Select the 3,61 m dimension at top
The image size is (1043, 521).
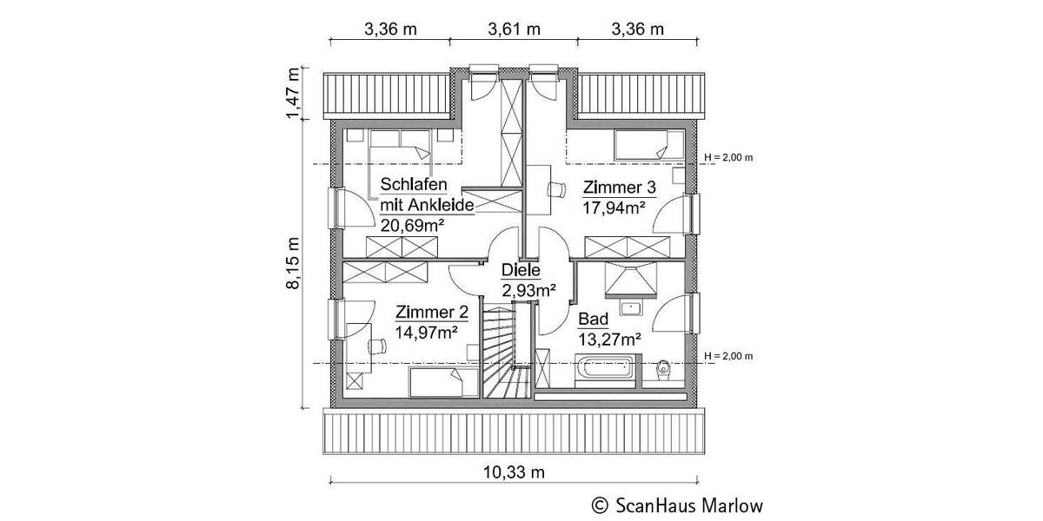tap(514, 29)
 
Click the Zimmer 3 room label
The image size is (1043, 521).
tap(619, 188)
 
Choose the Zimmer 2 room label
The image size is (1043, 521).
tap(432, 313)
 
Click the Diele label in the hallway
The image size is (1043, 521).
tap(521, 271)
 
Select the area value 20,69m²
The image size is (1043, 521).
tap(413, 225)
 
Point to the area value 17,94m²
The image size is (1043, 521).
tap(614, 208)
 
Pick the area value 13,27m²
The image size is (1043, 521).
tap(610, 339)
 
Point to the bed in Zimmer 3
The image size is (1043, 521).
tap(644, 143)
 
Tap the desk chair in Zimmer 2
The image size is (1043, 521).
tap(376, 345)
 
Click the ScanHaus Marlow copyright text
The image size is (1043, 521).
tap(678, 505)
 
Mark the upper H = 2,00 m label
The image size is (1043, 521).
tap(727, 157)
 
